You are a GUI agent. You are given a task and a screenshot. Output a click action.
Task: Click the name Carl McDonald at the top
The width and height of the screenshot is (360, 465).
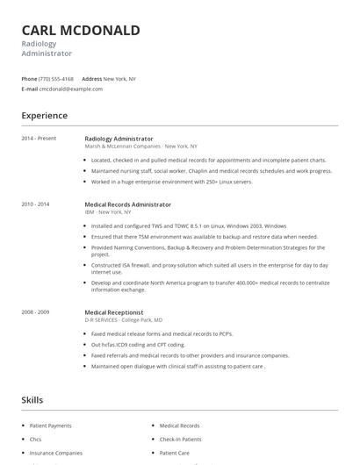coord(81,31)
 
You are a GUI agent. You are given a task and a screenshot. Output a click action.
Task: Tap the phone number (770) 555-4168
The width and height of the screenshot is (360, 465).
coord(56,79)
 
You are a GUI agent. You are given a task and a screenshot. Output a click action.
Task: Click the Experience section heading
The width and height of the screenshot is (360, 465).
coord(45,116)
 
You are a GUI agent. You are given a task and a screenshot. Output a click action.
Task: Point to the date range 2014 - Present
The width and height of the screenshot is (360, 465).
coord(40,139)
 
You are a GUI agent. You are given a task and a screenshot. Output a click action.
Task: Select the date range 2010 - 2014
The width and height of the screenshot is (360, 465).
coord(36,204)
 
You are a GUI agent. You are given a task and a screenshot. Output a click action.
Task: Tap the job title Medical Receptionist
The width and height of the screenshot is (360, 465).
coord(114,312)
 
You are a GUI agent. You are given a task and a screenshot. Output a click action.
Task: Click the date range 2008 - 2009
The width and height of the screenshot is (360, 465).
coord(36,312)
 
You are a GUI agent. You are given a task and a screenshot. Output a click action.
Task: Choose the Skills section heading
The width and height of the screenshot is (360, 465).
coord(32,400)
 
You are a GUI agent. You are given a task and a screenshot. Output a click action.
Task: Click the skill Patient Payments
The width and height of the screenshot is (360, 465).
coord(51,426)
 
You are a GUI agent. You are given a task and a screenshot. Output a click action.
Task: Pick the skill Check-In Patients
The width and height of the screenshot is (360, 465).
coord(180,440)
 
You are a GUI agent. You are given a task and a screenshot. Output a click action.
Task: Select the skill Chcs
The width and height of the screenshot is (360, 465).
coord(36,440)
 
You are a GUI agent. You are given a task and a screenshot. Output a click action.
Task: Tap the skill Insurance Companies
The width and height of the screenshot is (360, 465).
coord(56,454)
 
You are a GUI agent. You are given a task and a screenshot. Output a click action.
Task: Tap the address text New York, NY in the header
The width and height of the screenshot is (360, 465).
coord(119,79)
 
